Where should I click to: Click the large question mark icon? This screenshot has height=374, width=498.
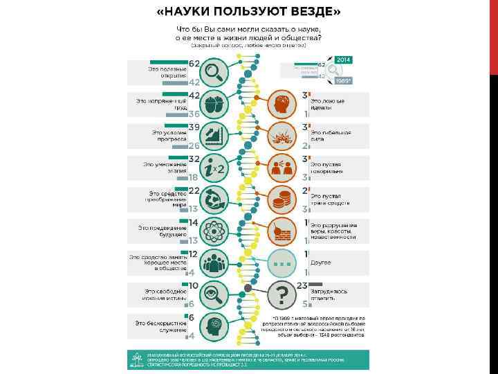click(282, 296)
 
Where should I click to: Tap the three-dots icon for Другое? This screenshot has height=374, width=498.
click(282, 263)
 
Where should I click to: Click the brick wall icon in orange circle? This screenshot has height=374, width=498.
click(282, 231)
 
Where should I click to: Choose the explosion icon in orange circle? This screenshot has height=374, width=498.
click(282, 135)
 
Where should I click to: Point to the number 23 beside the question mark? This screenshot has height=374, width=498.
click(302, 285)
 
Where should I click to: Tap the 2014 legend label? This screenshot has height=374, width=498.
click(344, 60)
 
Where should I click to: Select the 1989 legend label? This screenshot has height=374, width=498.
click(344, 81)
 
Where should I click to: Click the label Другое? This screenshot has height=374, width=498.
click(320, 263)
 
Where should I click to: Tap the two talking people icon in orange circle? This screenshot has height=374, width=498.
click(282, 168)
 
